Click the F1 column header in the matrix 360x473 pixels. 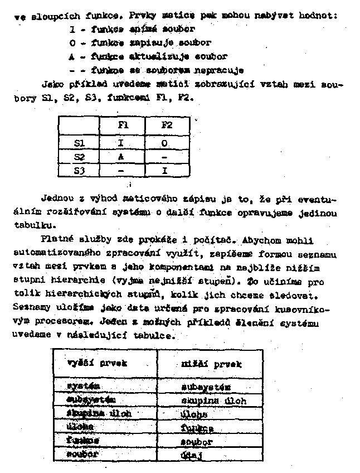[x=123, y=126]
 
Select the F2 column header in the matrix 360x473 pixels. [x=167, y=126]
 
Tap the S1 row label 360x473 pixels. [x=79, y=143]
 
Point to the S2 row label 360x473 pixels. [x=79, y=157]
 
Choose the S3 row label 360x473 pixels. [x=79, y=170]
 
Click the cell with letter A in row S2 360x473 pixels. [x=121, y=157]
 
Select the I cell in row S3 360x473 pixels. [x=165, y=170]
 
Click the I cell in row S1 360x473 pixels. [x=121, y=143]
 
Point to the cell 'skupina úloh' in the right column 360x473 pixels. [x=213, y=400]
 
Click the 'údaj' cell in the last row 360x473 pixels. [x=192, y=455]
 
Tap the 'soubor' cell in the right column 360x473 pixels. [x=197, y=442]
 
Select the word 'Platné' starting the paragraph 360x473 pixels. [x=56, y=240]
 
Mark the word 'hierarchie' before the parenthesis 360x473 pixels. [x=70, y=281]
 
